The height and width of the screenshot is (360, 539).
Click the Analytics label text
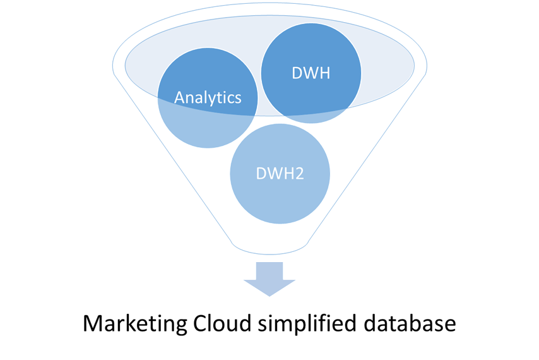208,97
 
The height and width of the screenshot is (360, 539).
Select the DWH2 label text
280,173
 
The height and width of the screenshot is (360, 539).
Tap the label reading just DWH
311,73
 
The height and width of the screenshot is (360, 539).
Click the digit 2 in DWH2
299,173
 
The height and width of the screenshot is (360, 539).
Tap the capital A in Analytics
179,97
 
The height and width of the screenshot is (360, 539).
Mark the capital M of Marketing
92,324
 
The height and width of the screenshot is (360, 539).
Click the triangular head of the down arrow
269,287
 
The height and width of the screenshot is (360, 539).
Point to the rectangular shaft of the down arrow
269,270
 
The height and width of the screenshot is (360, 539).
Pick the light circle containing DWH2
280,196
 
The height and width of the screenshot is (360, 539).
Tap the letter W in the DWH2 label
276,173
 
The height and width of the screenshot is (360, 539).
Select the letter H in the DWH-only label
323,73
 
